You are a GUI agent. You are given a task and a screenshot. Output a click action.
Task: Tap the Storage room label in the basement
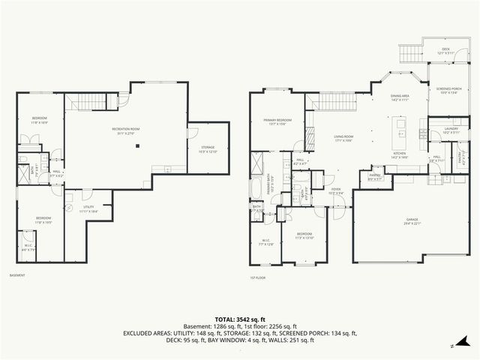[x=208, y=149]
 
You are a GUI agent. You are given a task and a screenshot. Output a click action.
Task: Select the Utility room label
[x=88, y=209]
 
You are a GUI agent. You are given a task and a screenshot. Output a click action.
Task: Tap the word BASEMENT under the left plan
[x=17, y=275]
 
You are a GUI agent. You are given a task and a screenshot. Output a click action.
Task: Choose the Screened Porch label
[x=448, y=92]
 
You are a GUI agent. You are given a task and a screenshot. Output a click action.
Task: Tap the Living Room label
[x=343, y=138]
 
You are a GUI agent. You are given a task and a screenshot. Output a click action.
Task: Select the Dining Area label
[x=400, y=97]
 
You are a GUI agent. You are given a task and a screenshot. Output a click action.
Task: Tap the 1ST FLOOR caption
[x=258, y=277]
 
